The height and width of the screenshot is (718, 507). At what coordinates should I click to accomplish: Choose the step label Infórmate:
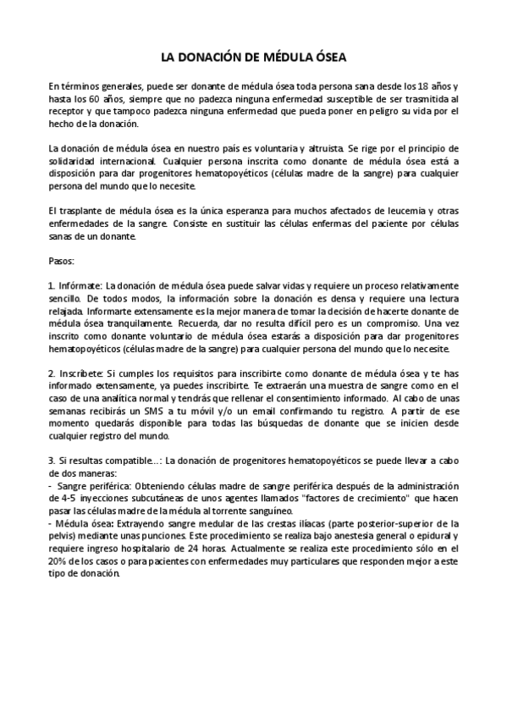[80, 287]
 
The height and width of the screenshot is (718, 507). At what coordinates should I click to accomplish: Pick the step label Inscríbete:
[81, 373]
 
